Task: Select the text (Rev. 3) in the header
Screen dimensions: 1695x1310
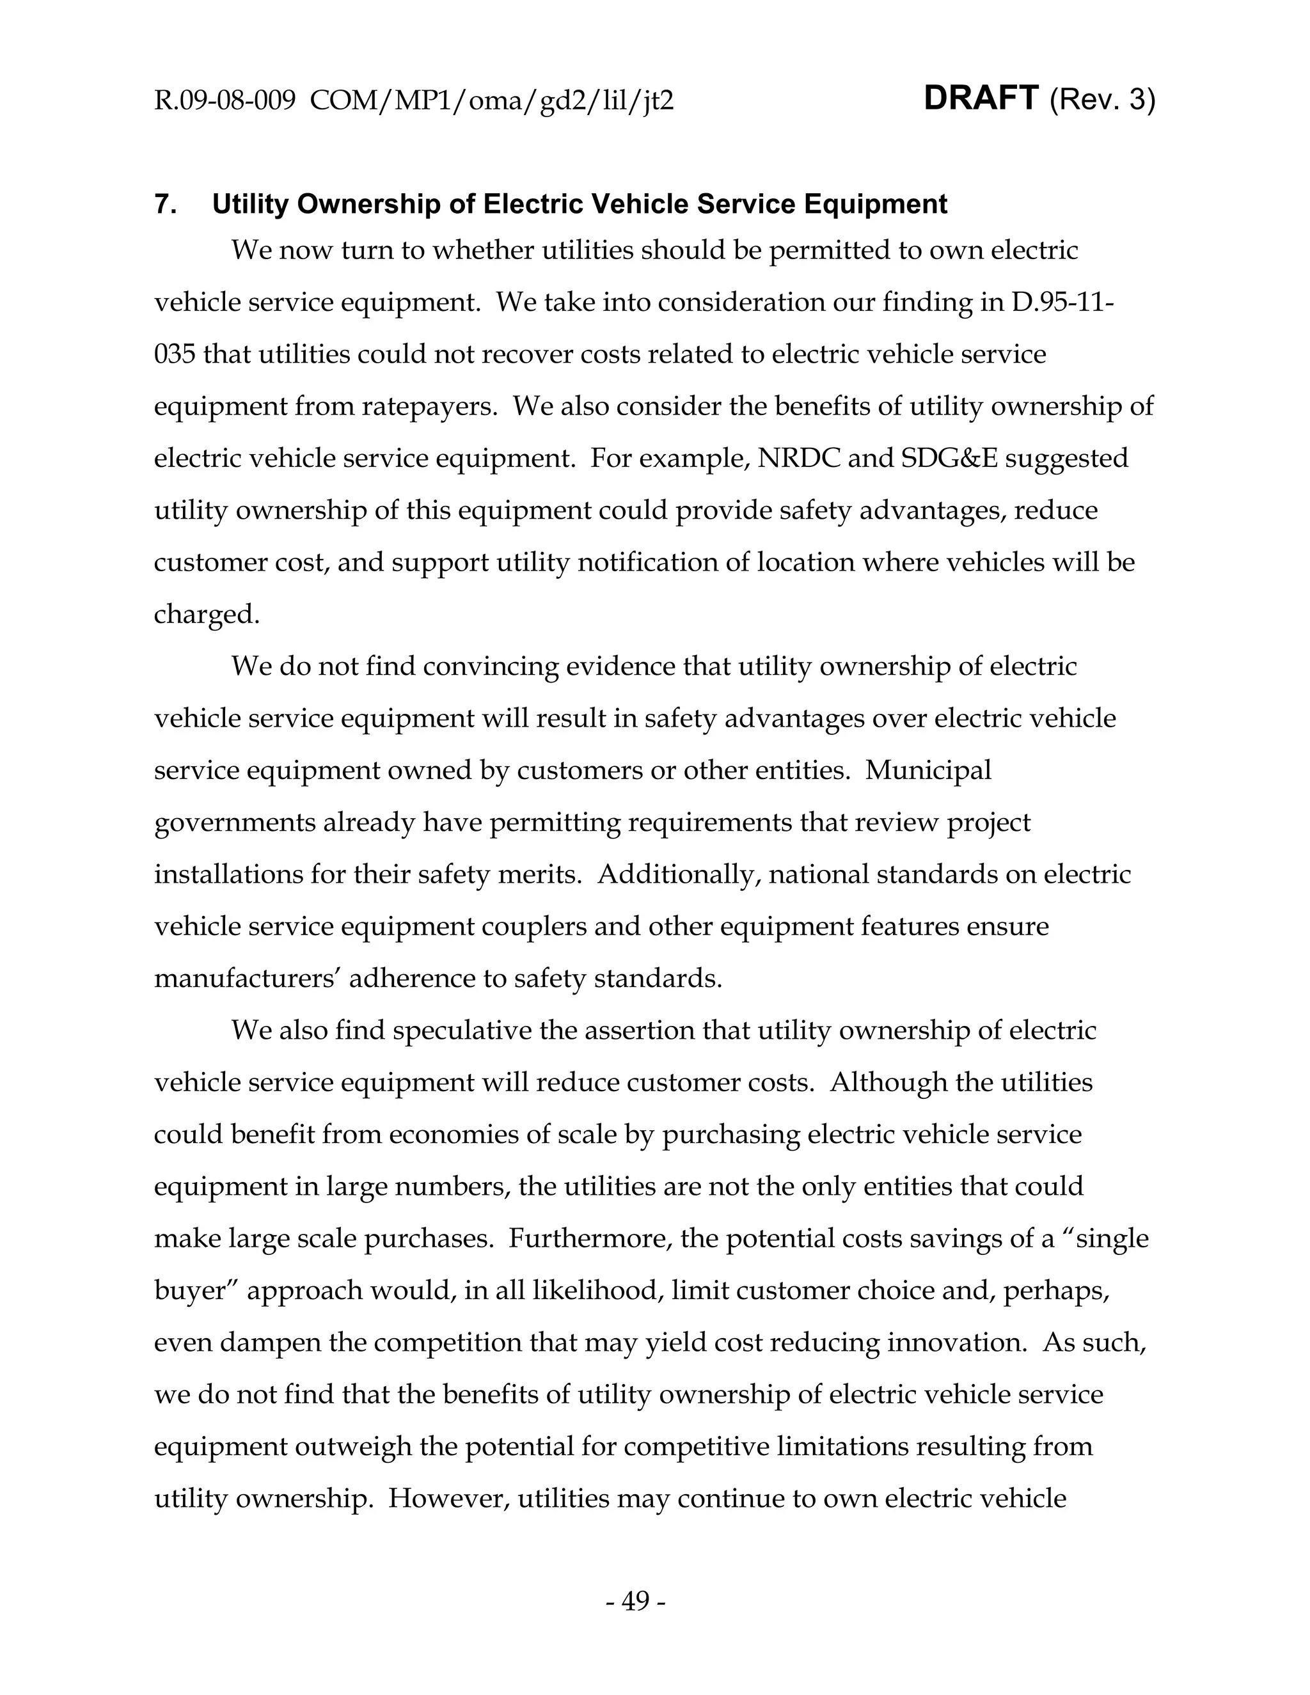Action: click(x=1102, y=100)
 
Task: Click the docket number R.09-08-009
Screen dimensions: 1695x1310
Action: click(x=225, y=101)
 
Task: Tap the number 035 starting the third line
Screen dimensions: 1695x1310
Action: click(x=173, y=354)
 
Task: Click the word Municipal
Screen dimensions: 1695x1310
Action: click(x=928, y=770)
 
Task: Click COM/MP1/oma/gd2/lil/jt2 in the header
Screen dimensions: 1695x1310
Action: click(x=491, y=101)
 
